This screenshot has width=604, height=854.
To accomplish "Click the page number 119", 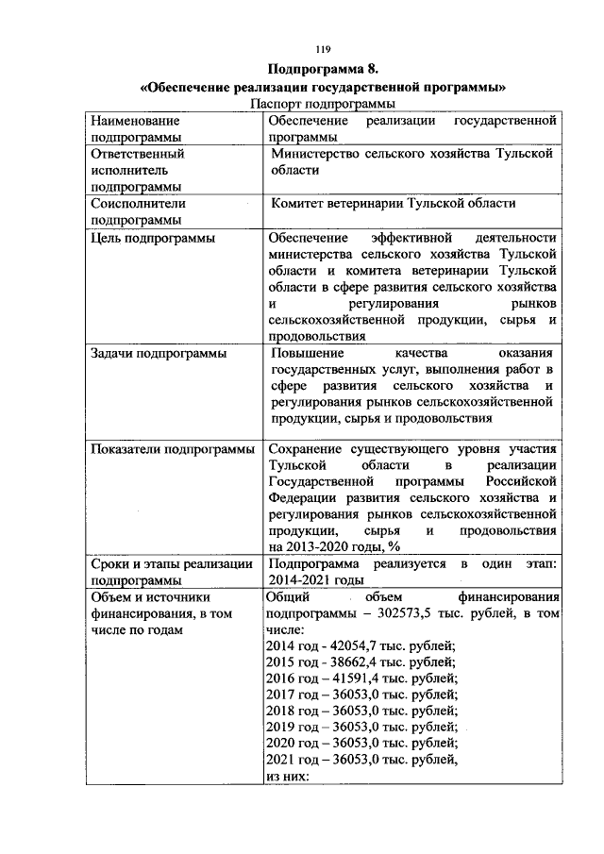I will [x=321, y=49].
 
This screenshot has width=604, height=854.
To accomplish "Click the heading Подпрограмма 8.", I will [x=322, y=70].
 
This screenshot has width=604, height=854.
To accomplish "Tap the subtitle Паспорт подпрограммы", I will [x=322, y=104].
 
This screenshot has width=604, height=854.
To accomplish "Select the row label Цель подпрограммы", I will [x=151, y=238].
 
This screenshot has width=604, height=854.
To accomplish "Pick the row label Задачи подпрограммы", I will [x=158, y=354].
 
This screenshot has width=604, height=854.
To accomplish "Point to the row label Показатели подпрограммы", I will [x=171, y=449].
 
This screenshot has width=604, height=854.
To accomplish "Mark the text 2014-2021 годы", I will [x=315, y=579].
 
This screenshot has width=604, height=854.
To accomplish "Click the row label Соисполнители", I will [x=137, y=203].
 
